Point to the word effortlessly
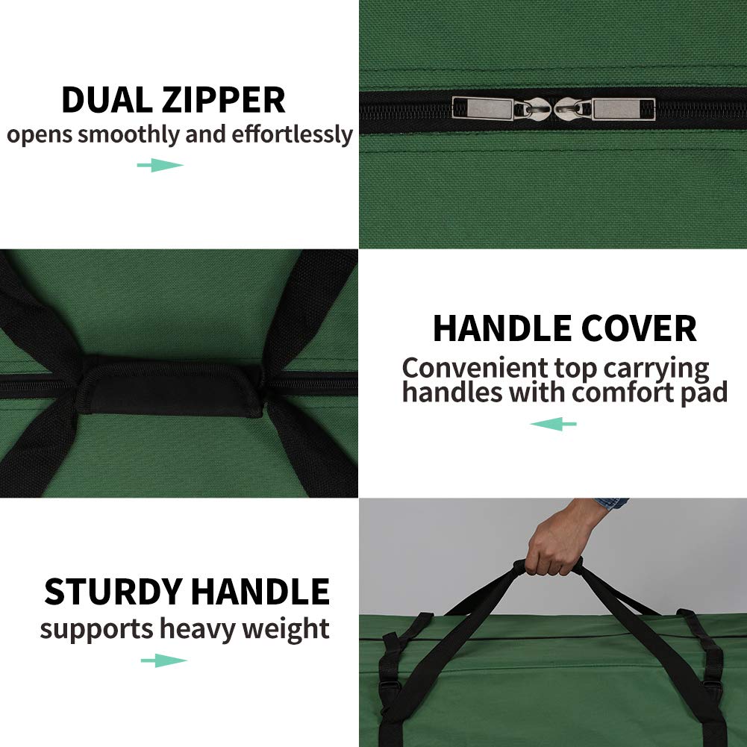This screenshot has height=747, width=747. point(292,135)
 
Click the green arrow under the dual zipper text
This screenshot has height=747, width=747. point(160,165)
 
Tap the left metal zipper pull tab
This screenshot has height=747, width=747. point(483,109)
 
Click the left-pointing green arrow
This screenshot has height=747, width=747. point(553,424)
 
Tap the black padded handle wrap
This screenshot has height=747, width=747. point(171,385)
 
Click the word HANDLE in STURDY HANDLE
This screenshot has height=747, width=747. point(260,592)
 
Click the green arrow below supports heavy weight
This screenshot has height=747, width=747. point(163,660)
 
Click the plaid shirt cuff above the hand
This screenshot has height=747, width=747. point(611,504)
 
